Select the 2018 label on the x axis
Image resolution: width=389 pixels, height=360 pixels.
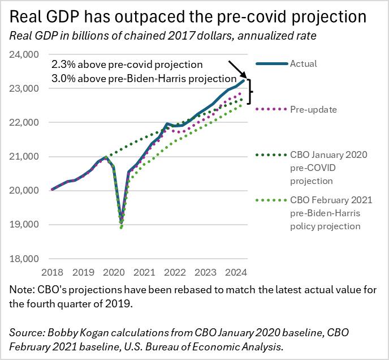pos(53,272)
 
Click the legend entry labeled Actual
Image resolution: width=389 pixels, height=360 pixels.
pos(303,63)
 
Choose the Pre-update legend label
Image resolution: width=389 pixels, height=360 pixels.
pos(314,109)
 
